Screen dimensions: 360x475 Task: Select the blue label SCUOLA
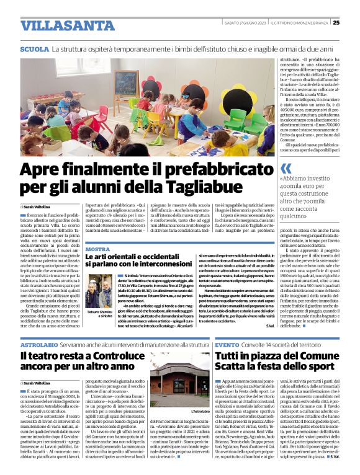click(35, 48)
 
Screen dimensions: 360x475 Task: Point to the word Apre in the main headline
click(40, 169)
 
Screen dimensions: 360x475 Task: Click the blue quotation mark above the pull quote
click(286, 169)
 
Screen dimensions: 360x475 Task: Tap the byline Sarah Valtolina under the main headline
click(38, 206)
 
